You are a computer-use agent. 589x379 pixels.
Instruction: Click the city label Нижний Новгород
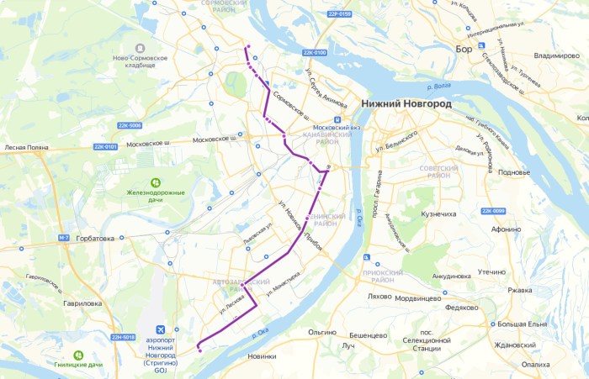pyautogui.click(x=406, y=104)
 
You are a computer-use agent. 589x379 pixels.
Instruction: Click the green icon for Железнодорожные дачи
pyautogui.click(x=156, y=182)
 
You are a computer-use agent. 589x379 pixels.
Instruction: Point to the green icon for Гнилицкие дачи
pyautogui.click(x=78, y=355)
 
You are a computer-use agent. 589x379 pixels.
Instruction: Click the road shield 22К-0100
pyautogui.click(x=314, y=53)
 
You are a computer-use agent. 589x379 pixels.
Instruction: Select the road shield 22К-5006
pyautogui.click(x=130, y=125)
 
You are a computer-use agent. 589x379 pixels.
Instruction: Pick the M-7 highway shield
pyautogui.click(x=64, y=239)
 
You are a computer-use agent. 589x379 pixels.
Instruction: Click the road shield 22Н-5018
pyautogui.click(x=123, y=337)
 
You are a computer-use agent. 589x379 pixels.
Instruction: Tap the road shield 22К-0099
pyautogui.click(x=493, y=211)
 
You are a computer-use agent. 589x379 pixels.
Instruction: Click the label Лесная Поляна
pyautogui.click(x=28, y=147)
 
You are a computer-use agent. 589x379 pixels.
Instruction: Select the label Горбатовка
pyautogui.click(x=94, y=239)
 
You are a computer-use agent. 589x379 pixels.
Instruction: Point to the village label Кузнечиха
pyautogui.click(x=438, y=214)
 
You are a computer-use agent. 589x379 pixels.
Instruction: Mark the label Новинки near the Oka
pyautogui.click(x=262, y=356)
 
